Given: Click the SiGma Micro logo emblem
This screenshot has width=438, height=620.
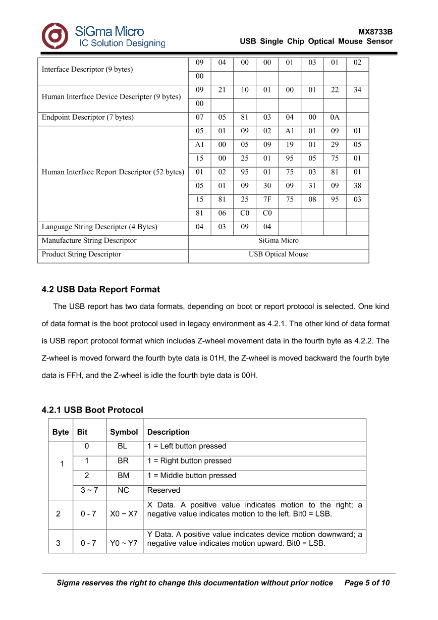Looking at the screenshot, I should (54, 36).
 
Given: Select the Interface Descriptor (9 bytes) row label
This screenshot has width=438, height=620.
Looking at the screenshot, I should (87, 70).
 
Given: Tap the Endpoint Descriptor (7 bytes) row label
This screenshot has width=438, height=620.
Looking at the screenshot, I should (88, 117).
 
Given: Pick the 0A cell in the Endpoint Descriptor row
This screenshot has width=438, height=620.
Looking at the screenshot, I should (335, 117).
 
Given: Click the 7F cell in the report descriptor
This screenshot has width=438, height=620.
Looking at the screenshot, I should (267, 199).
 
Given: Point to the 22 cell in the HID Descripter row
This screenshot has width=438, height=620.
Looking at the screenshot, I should (335, 90).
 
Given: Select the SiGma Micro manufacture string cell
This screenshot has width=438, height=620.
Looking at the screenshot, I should (279, 240).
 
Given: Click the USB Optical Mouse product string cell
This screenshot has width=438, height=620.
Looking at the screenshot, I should (279, 254).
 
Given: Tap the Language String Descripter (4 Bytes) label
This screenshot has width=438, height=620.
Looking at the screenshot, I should (99, 227).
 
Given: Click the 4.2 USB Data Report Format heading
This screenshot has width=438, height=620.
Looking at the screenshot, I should (101, 289).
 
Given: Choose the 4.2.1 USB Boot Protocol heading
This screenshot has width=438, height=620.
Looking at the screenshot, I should (92, 410).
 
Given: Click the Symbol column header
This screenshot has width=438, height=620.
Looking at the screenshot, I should (124, 432).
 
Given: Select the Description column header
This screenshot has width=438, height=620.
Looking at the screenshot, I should (169, 432).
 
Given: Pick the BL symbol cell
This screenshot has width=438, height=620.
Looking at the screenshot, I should (123, 446).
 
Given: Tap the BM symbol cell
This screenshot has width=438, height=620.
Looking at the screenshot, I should (123, 476).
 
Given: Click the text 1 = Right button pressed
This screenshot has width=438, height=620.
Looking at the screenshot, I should (189, 461).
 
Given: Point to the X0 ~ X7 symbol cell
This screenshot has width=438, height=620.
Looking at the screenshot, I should (124, 514).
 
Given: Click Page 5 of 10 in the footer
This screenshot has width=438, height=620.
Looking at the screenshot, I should (367, 583).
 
